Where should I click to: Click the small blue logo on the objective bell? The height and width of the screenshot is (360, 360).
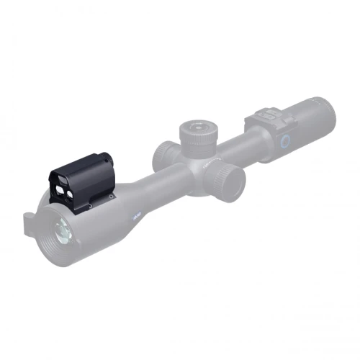(x=137, y=214)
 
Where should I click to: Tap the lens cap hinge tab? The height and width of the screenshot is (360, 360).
(x=28, y=217)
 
